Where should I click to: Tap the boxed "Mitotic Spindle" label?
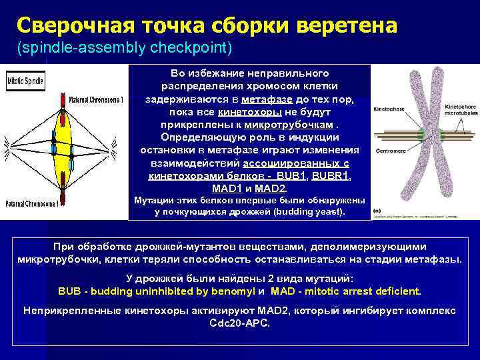point(26,81)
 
